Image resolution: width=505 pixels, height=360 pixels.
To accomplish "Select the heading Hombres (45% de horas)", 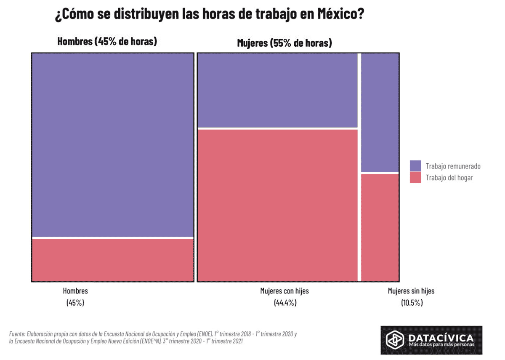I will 107,41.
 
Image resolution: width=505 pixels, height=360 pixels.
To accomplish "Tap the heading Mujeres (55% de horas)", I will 284,43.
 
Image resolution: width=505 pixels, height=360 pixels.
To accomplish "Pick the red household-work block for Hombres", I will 112,260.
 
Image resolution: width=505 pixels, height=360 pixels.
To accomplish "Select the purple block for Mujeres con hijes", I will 277,90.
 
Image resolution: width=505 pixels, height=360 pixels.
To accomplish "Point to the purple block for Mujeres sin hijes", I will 380,112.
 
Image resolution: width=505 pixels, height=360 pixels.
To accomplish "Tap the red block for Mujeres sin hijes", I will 380,227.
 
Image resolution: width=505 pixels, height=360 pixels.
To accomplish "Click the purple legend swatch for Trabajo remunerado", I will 415,166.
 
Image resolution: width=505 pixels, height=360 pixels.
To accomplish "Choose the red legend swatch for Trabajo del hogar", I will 415,178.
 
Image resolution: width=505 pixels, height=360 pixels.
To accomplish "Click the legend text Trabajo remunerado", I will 453,166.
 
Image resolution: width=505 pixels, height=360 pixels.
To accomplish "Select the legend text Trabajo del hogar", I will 449,178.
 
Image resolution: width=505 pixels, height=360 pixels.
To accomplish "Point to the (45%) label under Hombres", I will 75,302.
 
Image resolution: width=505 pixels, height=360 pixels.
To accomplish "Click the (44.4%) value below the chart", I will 284,302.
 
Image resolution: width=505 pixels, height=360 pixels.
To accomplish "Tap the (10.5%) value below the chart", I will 412,302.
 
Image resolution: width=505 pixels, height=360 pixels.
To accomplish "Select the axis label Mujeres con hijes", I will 284,291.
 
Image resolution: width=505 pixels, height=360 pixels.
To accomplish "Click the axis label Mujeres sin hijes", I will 411,291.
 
